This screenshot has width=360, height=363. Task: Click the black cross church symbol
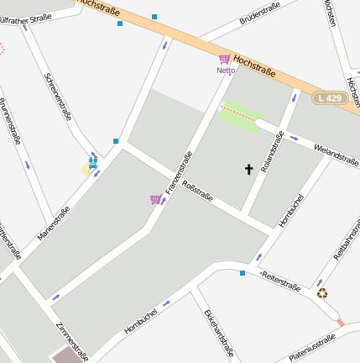248,169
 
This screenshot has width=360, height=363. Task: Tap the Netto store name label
226,71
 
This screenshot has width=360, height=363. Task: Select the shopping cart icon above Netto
224,60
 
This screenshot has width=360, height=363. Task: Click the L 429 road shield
331,98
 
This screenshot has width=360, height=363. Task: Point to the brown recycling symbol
322,293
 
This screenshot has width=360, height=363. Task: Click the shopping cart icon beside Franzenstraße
155,199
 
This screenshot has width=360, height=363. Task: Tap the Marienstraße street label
55,222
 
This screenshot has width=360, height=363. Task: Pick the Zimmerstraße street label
72,339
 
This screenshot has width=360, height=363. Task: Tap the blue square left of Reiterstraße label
243,273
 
